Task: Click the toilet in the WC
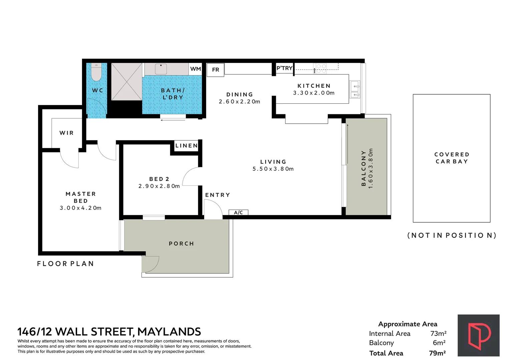coord(96,72)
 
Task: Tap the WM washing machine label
coord(195,69)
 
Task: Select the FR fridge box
coord(215,70)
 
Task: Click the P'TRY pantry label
coord(285,68)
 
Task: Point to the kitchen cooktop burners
coord(321,68)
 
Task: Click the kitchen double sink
coord(355,89)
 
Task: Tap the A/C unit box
coord(238,212)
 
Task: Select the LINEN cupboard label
coord(186,146)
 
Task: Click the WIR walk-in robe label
coord(66,133)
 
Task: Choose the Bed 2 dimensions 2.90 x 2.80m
coord(159,186)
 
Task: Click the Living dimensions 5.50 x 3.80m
coord(273,169)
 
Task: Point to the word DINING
coord(239,94)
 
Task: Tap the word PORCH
coord(181,244)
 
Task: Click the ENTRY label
coord(218,195)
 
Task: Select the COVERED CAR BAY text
coord(452,158)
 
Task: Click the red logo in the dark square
coord(479,335)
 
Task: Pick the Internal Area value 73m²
coord(438,333)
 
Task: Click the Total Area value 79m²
coord(437,353)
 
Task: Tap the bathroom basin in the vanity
coord(161,69)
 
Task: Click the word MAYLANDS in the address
coord(169,332)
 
